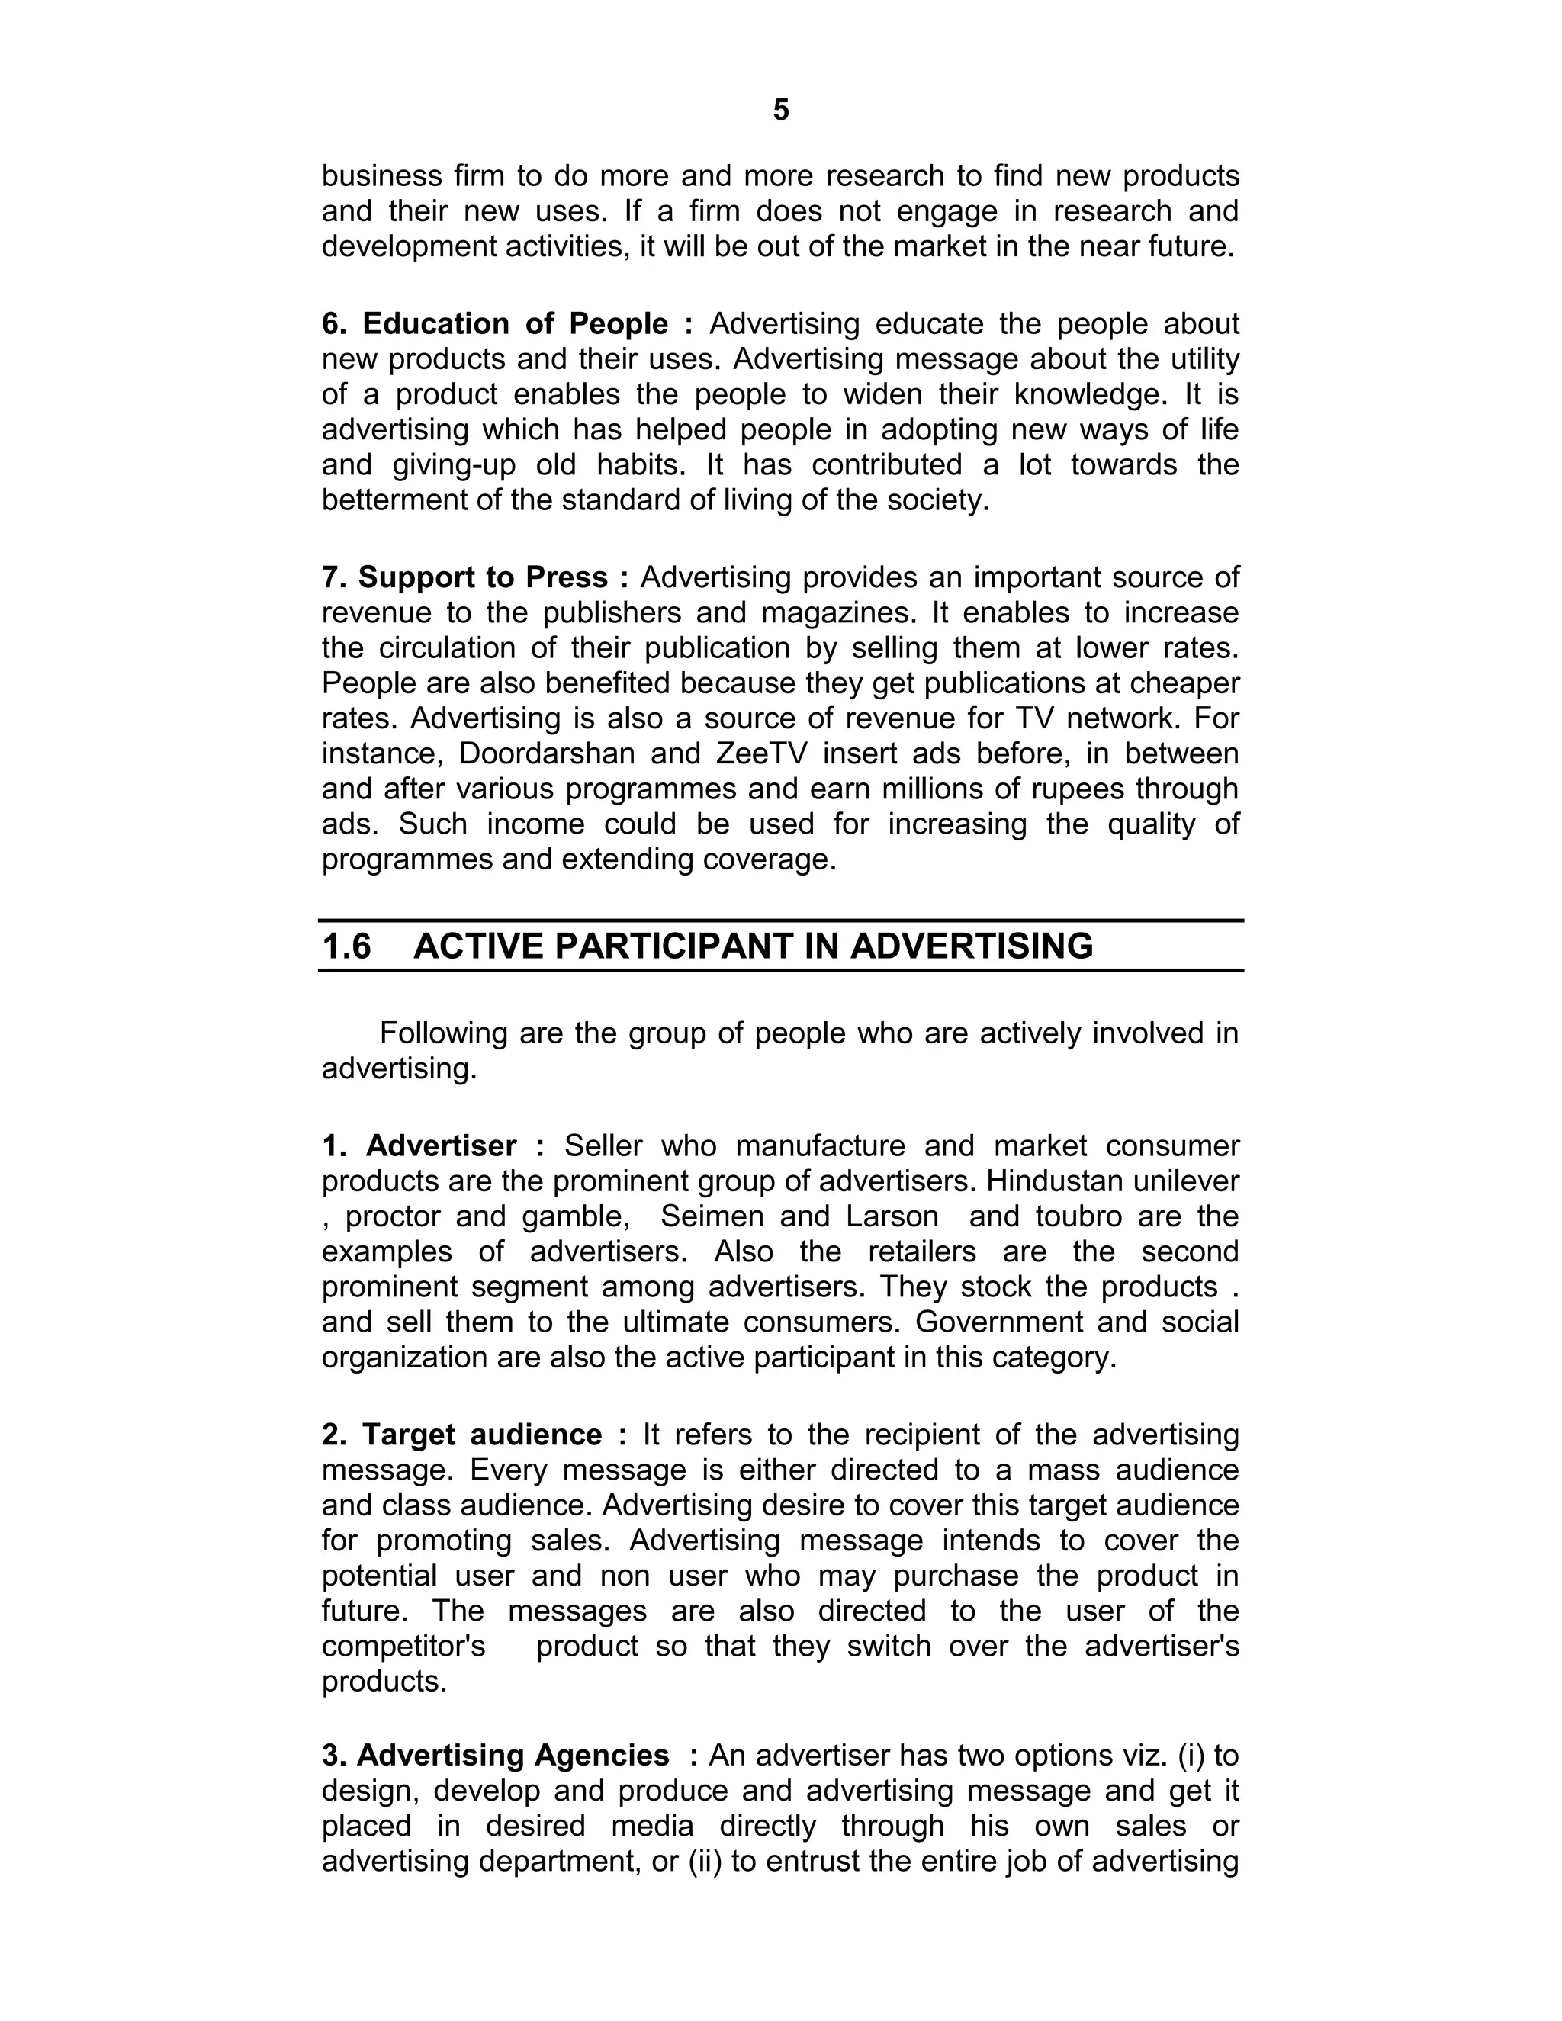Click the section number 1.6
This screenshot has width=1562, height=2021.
[x=346, y=946]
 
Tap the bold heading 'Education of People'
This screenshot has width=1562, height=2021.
[x=515, y=324]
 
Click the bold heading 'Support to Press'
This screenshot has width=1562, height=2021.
[x=482, y=577]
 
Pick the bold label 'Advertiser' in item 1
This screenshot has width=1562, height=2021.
[x=441, y=1145]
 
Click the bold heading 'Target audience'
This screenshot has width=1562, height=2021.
[x=481, y=1435]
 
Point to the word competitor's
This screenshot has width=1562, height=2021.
[x=403, y=1645]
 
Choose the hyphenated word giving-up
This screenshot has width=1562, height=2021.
[x=454, y=464]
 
